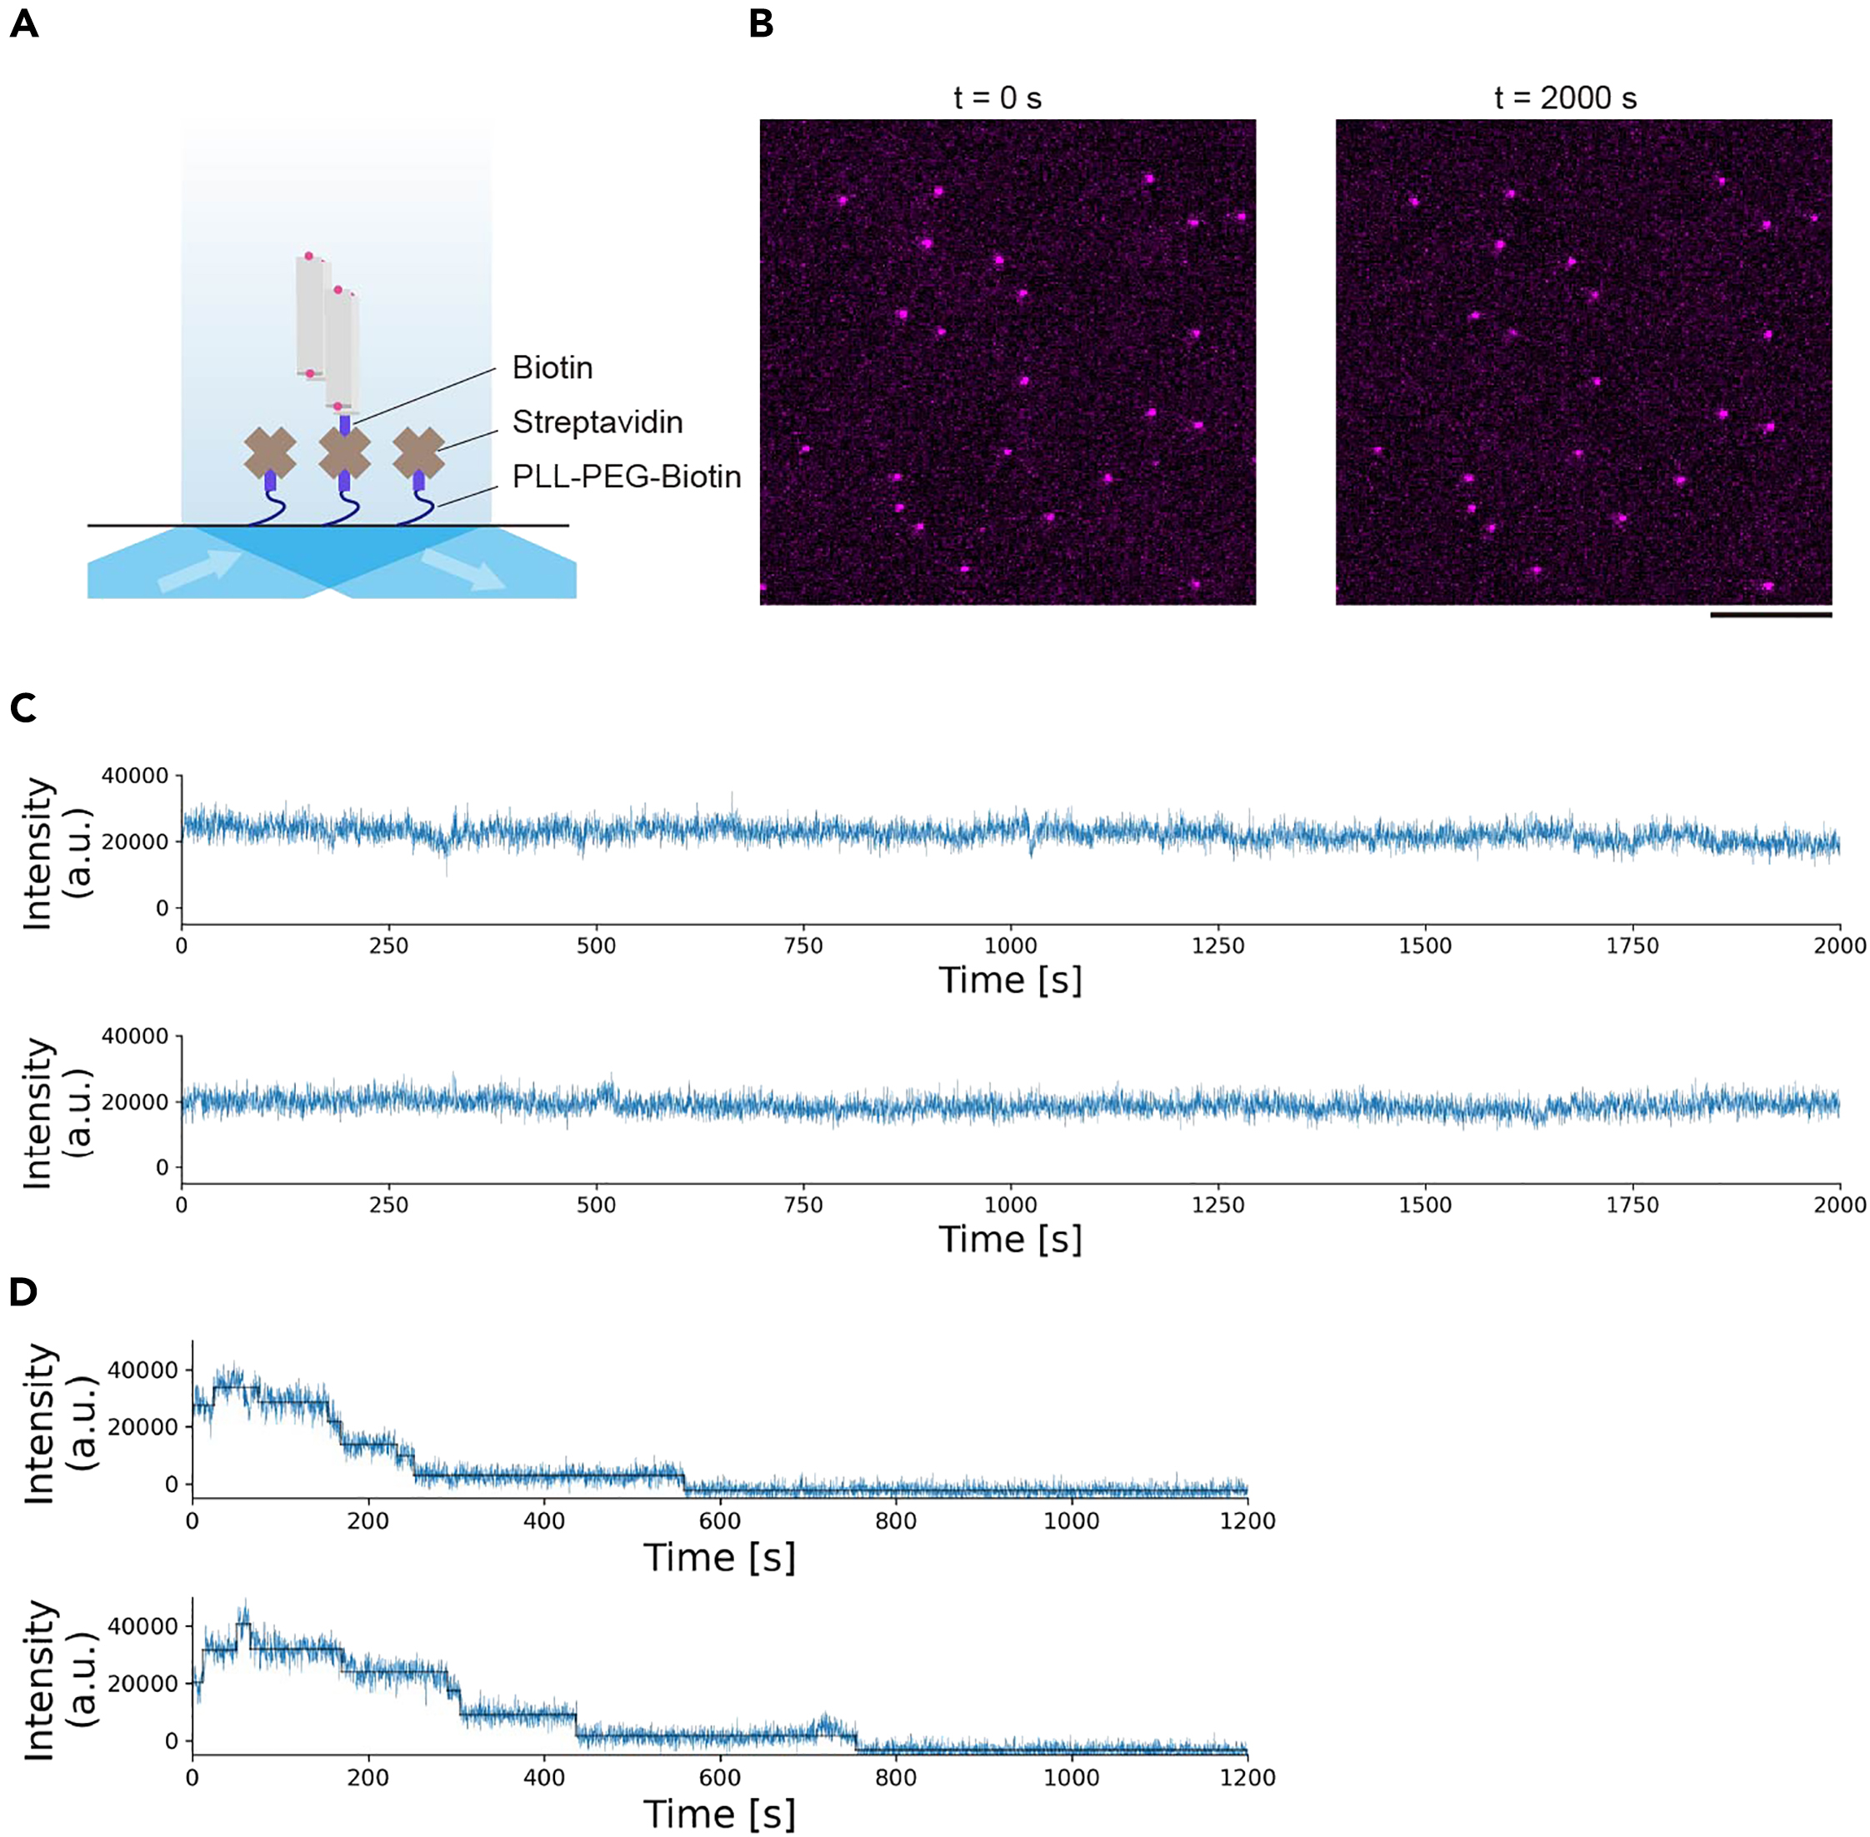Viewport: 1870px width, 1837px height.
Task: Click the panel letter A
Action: (x=24, y=24)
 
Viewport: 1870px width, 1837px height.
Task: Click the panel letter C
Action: (x=22, y=707)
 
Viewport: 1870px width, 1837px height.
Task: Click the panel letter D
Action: (x=23, y=1292)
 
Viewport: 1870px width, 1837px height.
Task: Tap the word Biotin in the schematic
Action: (x=552, y=367)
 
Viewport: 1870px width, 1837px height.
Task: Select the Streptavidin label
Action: (x=597, y=422)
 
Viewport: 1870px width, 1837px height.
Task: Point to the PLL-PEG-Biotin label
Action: (x=626, y=477)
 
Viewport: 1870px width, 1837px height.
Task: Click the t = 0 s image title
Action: (x=997, y=97)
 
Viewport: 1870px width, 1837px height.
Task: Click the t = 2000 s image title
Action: (x=1565, y=97)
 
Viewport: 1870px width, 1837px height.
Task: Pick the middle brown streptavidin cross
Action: (x=344, y=452)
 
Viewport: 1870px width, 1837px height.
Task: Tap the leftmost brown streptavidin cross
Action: (x=270, y=453)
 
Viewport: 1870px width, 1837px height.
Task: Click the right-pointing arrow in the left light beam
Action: (x=200, y=570)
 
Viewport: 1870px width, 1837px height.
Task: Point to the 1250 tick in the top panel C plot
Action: (x=1217, y=946)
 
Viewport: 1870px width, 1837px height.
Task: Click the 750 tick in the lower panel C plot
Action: (x=802, y=1205)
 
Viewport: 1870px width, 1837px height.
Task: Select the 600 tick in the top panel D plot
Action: (x=720, y=1521)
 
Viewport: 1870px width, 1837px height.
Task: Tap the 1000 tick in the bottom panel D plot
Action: (x=1071, y=1777)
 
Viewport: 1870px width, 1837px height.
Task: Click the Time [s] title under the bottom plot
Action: (x=719, y=1814)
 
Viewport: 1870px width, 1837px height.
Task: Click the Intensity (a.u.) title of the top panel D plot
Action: (x=57, y=1423)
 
